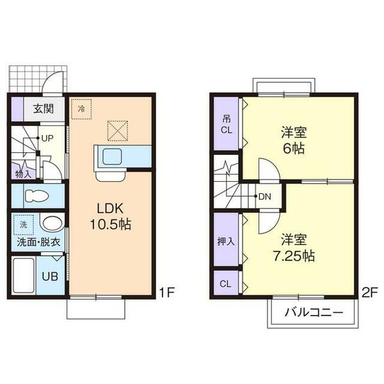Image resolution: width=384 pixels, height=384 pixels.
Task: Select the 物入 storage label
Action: coord(22,173)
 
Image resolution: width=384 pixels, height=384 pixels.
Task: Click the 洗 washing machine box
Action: coord(24,225)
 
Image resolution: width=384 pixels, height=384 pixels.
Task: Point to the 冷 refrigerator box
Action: coord(81,108)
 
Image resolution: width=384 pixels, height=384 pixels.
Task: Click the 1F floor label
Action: coord(167,293)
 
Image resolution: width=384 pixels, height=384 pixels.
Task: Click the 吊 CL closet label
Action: coord(226,124)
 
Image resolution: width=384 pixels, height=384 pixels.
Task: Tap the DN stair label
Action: coord(265,196)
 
